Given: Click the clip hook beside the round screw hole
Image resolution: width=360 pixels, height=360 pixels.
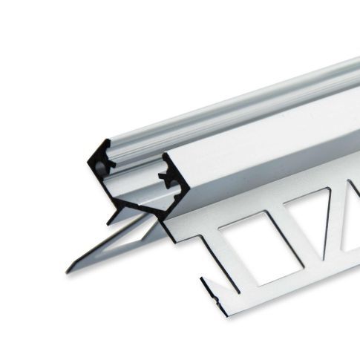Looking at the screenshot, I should point(111,160).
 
